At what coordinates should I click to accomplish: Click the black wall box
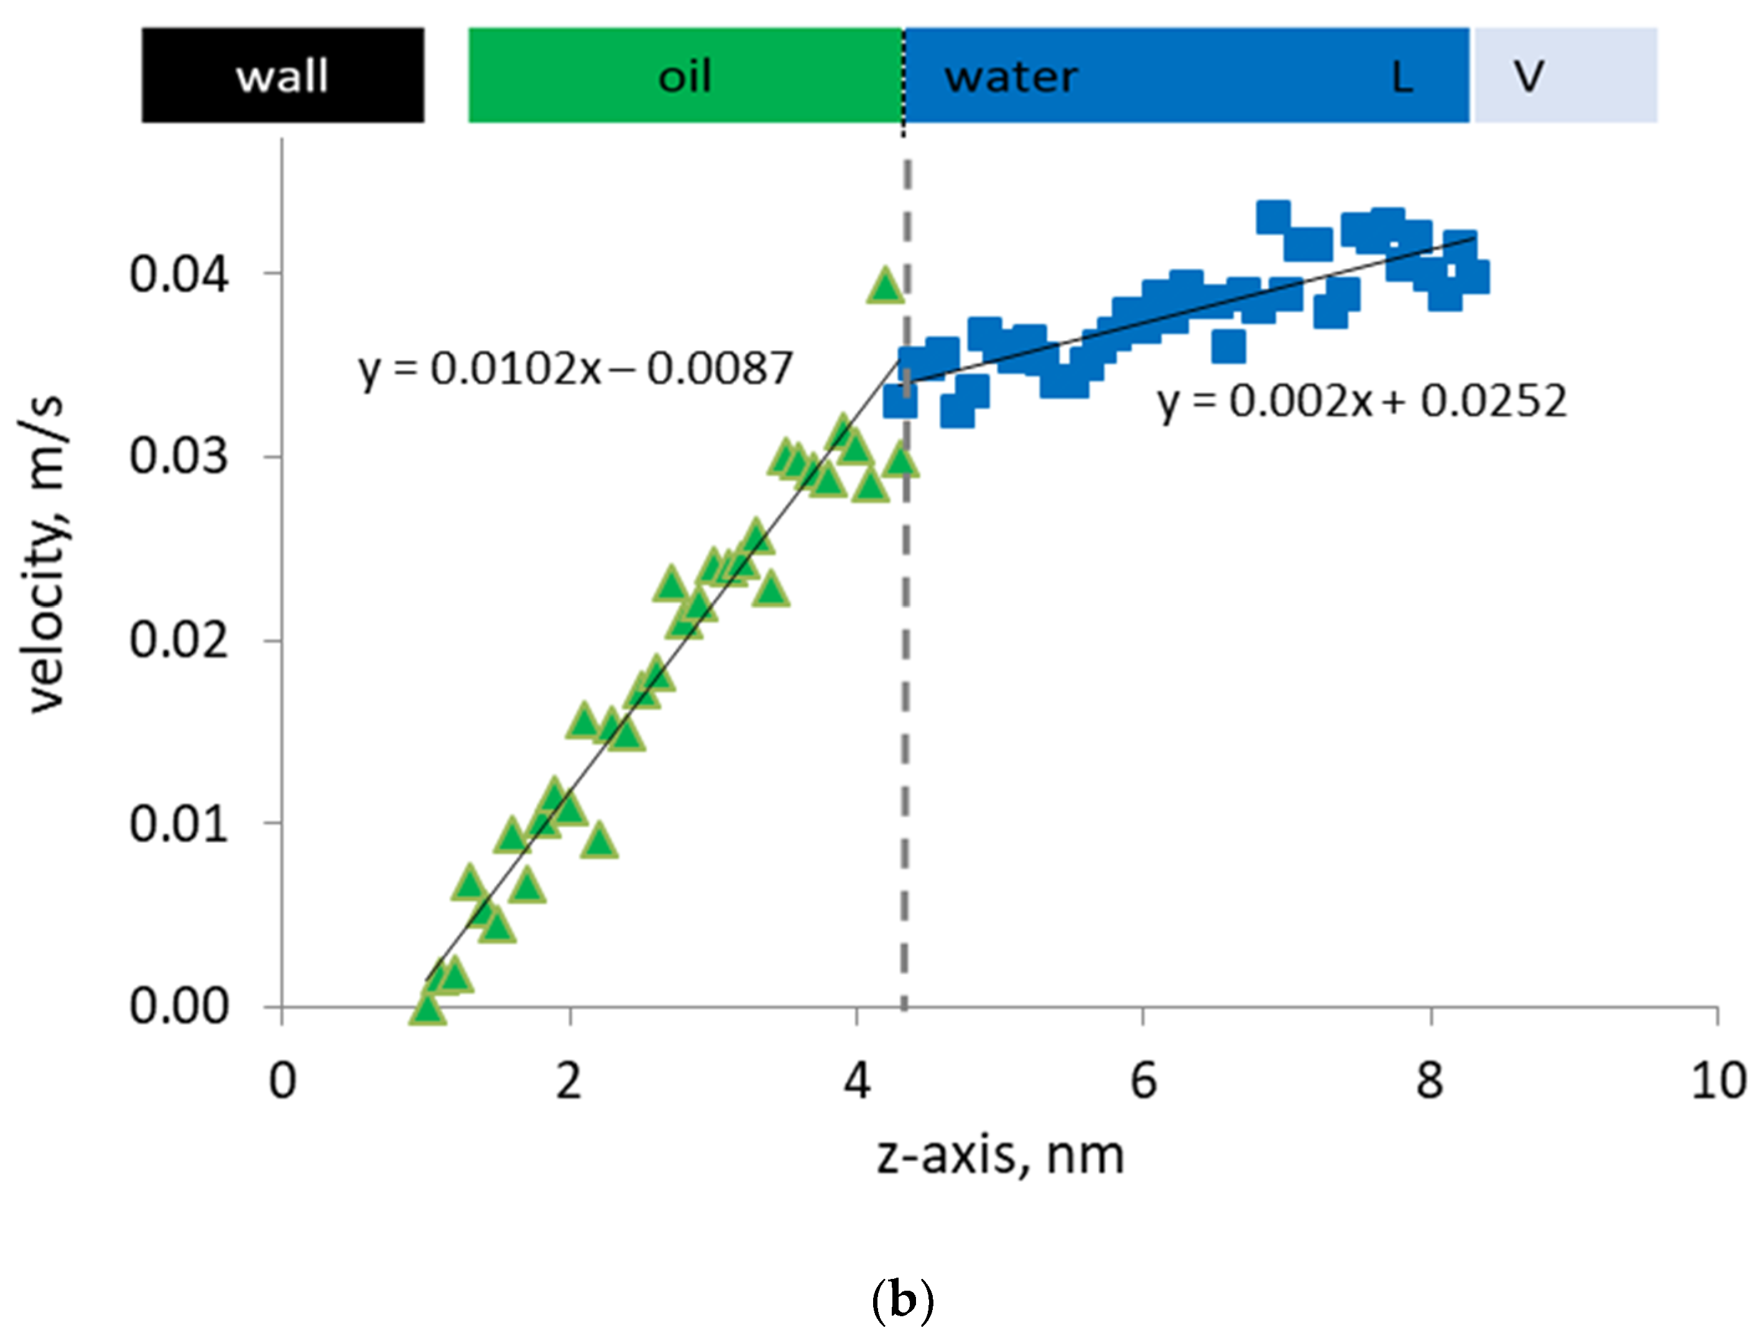coord(282,76)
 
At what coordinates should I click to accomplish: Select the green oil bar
coord(685,76)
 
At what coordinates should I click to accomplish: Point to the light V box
coord(1565,76)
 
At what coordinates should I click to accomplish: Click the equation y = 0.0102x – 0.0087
coord(575,369)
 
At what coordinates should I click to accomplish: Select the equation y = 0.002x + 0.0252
coord(1362,401)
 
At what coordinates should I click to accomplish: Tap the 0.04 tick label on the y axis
coord(179,274)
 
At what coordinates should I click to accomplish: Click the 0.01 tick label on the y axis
coord(179,824)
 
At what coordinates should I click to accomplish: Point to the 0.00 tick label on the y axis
coord(179,1006)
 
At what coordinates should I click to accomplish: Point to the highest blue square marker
coord(1273,217)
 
